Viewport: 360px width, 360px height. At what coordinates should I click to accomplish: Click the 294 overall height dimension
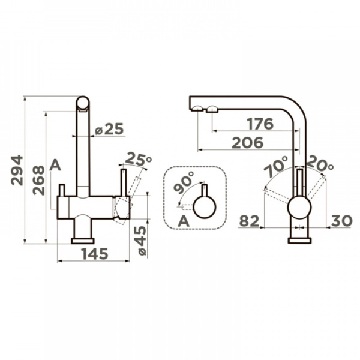(17, 170)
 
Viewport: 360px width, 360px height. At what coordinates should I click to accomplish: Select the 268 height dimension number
(38, 181)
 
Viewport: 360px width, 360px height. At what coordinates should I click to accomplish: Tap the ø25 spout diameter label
(110, 129)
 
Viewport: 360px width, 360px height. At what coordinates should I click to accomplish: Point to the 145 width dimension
(95, 254)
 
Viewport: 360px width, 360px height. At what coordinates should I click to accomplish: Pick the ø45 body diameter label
(140, 241)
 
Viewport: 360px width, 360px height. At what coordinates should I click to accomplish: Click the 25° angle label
(139, 159)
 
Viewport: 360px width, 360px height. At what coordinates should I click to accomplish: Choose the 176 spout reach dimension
(260, 124)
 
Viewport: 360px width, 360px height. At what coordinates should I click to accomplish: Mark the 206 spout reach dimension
(248, 143)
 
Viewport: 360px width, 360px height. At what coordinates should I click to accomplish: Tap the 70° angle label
(275, 166)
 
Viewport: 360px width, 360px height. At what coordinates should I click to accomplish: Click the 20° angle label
(320, 163)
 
